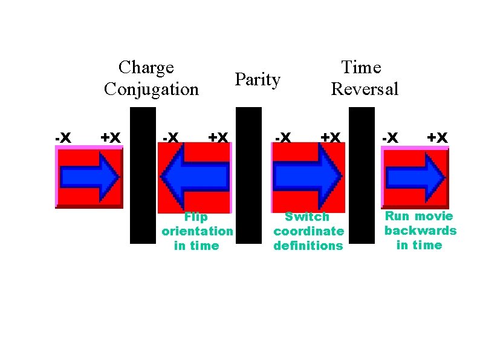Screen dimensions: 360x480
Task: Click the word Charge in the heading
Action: click(x=146, y=68)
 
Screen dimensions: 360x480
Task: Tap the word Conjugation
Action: click(x=151, y=90)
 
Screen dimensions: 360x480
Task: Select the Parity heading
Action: click(x=258, y=79)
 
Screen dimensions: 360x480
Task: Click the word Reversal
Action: click(x=365, y=90)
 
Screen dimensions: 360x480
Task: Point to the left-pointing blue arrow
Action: click(x=194, y=177)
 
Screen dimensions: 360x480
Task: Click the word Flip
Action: click(x=196, y=217)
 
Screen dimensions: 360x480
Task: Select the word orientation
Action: click(x=197, y=232)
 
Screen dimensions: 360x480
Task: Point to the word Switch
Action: click(x=307, y=217)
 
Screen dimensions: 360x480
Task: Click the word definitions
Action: click(x=308, y=246)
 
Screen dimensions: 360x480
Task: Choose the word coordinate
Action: click(x=308, y=231)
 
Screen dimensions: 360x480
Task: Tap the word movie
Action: click(x=433, y=216)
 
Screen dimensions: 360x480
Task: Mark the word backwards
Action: click(x=420, y=231)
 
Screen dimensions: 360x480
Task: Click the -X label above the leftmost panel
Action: click(x=62, y=138)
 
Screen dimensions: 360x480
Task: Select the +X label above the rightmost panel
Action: click(x=437, y=138)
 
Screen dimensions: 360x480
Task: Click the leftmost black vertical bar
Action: click(x=143, y=175)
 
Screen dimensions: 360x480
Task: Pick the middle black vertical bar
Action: click(x=248, y=175)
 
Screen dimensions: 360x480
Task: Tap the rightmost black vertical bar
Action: click(x=362, y=175)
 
